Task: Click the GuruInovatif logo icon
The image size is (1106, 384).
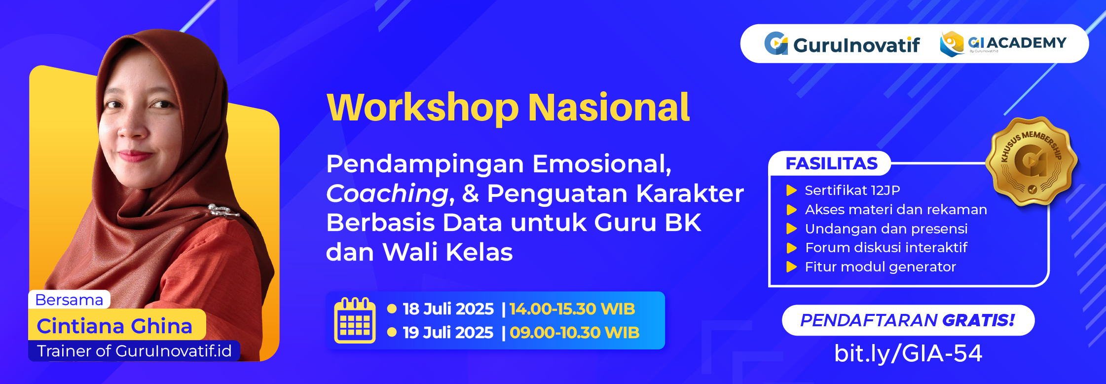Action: (x=776, y=43)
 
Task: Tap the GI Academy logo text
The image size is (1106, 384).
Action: (x=1017, y=43)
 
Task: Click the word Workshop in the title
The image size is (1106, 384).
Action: (x=423, y=108)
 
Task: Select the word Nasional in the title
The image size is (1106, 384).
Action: (x=609, y=107)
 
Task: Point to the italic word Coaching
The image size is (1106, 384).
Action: (x=387, y=193)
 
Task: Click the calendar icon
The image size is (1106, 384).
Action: (x=355, y=320)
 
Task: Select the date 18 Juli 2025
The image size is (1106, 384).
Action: (x=448, y=309)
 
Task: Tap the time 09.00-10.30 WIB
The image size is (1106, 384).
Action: (x=574, y=333)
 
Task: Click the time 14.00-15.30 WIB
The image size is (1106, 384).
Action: (x=572, y=309)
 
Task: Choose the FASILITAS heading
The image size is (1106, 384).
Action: (x=832, y=163)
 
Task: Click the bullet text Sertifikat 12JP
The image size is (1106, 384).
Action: (x=852, y=190)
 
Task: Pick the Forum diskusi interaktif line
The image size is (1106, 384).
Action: (x=886, y=247)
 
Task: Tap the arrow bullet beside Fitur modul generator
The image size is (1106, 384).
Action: (x=792, y=267)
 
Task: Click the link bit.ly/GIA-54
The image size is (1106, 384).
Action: (x=908, y=353)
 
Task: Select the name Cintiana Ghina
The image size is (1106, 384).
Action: (x=114, y=326)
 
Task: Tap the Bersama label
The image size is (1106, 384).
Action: (x=70, y=300)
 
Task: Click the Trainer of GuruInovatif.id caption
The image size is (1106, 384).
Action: (x=134, y=351)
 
